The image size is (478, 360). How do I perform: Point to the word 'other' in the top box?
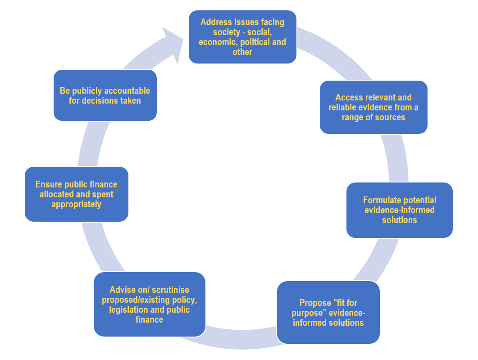point(242,52)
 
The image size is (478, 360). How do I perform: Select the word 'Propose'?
point(315,303)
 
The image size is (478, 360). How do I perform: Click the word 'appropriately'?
point(76,205)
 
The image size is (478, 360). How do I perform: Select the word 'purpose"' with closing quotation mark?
point(313,313)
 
